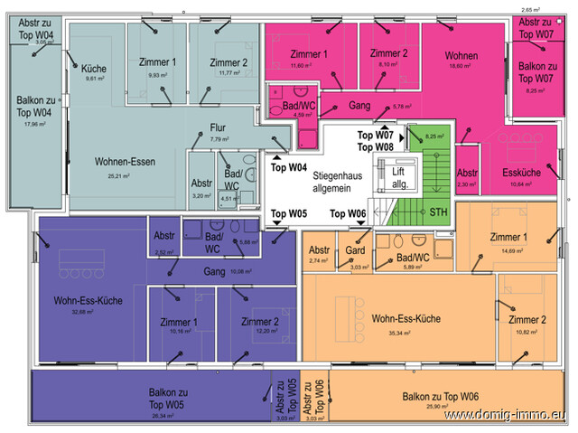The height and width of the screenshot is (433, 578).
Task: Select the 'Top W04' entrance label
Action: [x=289, y=168]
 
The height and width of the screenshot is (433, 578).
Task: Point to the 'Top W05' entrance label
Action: [x=289, y=214]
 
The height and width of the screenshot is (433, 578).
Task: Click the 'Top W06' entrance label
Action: [x=347, y=214]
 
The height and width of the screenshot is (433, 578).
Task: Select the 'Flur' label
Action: [x=219, y=127]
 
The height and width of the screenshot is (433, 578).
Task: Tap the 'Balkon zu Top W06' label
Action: [x=440, y=398]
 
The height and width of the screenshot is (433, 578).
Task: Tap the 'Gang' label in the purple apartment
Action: [x=214, y=271]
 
